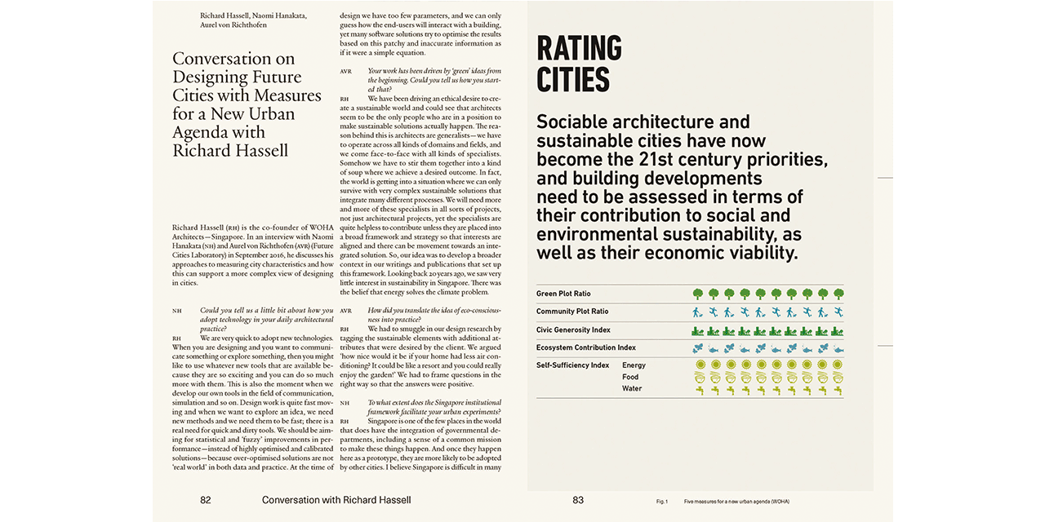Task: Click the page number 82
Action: tap(206, 500)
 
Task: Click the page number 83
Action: tap(578, 500)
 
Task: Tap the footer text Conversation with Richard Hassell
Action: tap(336, 500)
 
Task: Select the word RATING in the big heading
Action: tap(579, 48)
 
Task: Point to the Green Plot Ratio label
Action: tap(563, 294)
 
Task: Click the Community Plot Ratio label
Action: tap(572, 312)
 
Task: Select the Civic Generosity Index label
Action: tap(573, 330)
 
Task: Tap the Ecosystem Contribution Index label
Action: tap(585, 347)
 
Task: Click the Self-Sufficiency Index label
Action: tap(572, 365)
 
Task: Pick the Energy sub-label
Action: tap(634, 365)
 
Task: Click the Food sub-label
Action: tap(630, 377)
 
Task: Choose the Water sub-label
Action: tap(632, 388)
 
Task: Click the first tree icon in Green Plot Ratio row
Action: tap(698, 294)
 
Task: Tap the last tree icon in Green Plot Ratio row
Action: tap(838, 294)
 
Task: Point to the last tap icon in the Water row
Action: tap(838, 390)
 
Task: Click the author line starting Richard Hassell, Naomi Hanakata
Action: tap(253, 15)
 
